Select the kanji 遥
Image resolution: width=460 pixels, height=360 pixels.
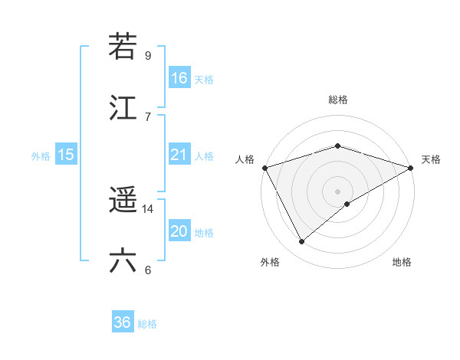[123, 201]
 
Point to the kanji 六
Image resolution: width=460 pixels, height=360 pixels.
[123, 261]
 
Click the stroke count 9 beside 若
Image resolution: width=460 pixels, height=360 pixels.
[148, 55]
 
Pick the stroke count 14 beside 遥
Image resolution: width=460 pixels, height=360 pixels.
[148, 208]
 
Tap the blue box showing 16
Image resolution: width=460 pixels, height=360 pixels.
[179, 77]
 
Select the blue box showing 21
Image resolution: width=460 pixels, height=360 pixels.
[179, 155]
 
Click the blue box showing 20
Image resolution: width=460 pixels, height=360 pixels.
[179, 231]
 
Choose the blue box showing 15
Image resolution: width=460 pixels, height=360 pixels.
[66, 155]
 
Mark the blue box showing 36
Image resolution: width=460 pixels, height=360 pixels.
[123, 322]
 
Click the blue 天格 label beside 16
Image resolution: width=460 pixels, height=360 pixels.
[204, 79]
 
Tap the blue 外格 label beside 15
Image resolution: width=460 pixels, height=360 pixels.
[41, 156]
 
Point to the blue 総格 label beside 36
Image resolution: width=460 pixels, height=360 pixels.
[147, 324]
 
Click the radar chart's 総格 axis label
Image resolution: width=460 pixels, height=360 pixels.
[337, 100]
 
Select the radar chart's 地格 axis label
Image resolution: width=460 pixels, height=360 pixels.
[402, 262]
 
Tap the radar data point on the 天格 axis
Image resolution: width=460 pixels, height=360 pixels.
[411, 168]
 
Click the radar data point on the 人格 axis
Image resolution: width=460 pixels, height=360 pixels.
[264, 168]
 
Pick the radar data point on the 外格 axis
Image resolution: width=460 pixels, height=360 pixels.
[302, 242]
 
